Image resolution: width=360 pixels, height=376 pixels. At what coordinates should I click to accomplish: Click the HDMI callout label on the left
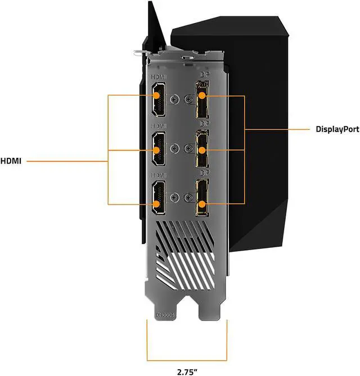click(11, 161)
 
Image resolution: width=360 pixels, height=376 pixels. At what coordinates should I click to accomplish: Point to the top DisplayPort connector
click(201, 100)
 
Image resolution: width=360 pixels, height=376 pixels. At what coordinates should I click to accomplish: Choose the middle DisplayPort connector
click(201, 149)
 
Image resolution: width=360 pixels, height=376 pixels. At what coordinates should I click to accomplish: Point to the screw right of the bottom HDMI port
click(177, 197)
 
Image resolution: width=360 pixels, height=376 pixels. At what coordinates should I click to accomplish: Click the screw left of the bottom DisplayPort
click(187, 197)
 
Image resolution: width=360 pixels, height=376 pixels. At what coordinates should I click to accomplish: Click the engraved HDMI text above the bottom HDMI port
click(159, 175)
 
